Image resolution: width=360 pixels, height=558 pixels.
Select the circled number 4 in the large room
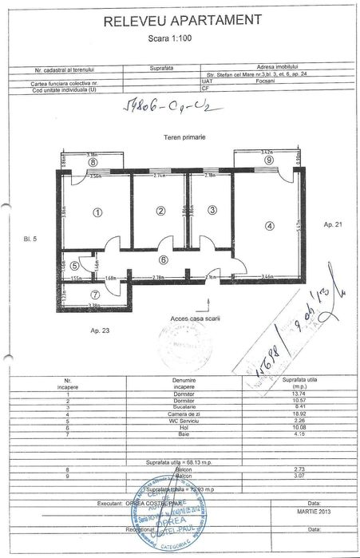point(269,226)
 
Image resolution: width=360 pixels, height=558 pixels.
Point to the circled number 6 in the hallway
point(164,259)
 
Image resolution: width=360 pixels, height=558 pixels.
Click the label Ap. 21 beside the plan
point(333,225)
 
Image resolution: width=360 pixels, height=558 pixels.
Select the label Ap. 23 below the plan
point(100,330)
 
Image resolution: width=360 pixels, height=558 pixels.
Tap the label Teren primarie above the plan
point(184,137)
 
